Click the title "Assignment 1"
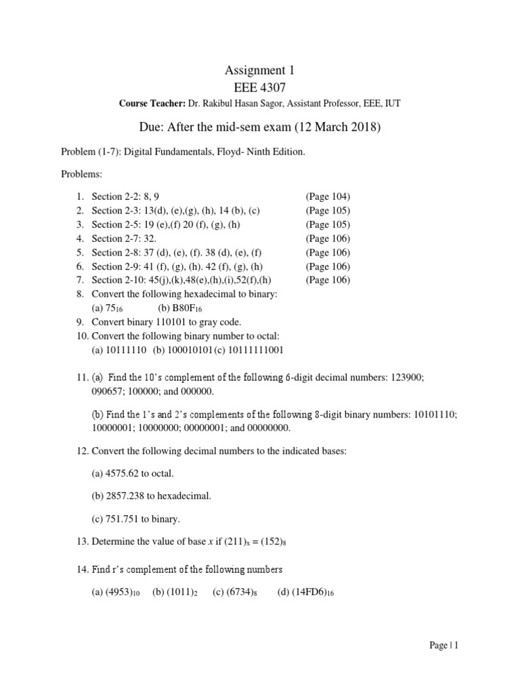[259, 70]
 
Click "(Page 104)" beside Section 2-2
[328, 197]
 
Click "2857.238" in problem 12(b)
[125, 496]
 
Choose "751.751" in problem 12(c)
[122, 519]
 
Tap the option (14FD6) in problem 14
[301, 592]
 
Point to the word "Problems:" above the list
[83, 174]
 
